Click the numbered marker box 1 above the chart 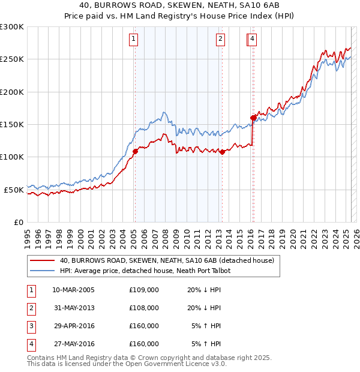click(133, 40)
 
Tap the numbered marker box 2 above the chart click(221, 40)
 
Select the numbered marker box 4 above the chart click(253, 40)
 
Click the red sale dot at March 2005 click(135, 151)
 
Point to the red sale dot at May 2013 click(222, 152)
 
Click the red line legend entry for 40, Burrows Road click(167, 260)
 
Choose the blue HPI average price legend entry click(145, 271)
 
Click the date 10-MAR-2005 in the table click(74, 289)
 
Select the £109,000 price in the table click(144, 289)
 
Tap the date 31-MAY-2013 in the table click(74, 308)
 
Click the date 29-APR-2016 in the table click(74, 326)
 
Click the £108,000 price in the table click(144, 308)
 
